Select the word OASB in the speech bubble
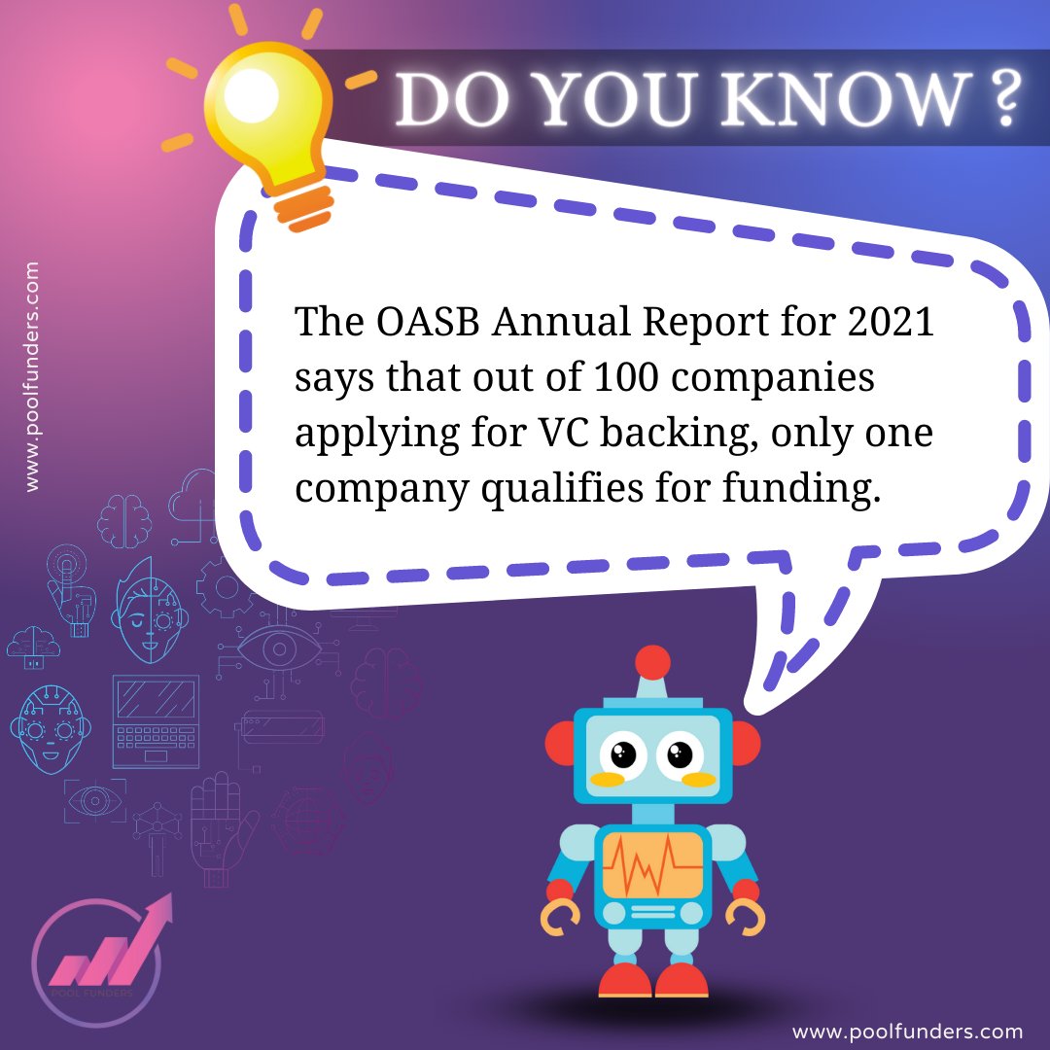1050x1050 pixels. [425, 322]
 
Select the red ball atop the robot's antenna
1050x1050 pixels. [652, 663]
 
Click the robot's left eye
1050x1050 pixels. [622, 753]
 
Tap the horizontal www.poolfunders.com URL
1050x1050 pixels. [907, 1031]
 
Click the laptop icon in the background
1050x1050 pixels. [156, 720]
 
